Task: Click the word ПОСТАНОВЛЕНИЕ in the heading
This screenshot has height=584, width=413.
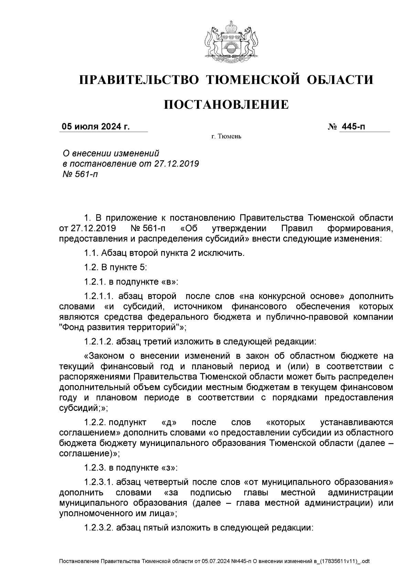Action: [x=226, y=104]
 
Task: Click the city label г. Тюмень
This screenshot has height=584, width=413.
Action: [x=226, y=137]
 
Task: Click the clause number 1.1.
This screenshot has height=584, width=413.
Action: [x=91, y=253]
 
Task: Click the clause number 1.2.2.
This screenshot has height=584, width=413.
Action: [x=96, y=422]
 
